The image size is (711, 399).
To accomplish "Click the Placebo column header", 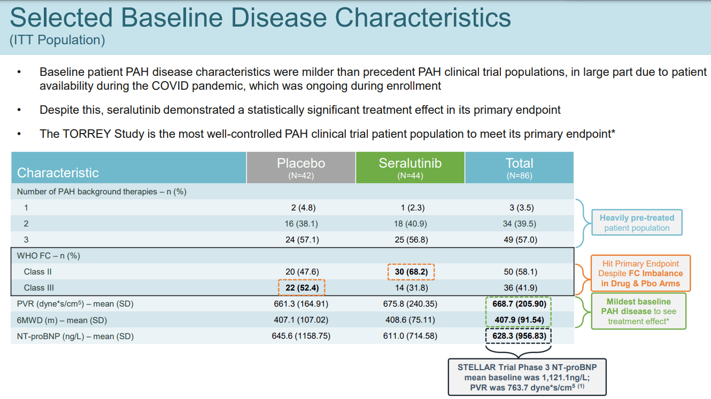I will pos(301,168).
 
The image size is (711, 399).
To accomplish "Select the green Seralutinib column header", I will pos(410,168).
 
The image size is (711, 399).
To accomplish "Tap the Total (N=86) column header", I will pos(519,168).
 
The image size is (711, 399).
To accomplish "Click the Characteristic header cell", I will pos(128,168).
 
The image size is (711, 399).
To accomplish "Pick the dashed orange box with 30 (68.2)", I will pos(411,272).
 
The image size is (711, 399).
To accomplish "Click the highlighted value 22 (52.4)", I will pos(302,288).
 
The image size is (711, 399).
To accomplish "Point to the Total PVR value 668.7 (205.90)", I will pos(519,304).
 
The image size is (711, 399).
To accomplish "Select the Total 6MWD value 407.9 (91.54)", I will pos(519,320).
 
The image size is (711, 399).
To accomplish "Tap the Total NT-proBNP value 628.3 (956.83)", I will pos(519,337).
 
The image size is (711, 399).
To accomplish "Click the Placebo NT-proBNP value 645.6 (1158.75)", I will pos(302,337).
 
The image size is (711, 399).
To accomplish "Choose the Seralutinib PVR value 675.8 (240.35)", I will pos(411,304).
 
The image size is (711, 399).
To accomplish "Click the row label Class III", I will pos(39,288).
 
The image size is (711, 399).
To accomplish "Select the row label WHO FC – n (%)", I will pos(48,256).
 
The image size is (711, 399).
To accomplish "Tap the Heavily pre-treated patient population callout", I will pos(637,223).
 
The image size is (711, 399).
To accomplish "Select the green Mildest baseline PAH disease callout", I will pos(638,311).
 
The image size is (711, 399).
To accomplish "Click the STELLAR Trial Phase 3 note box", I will pos(527,377).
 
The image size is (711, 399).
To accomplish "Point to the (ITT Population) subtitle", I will pos(57,40).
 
